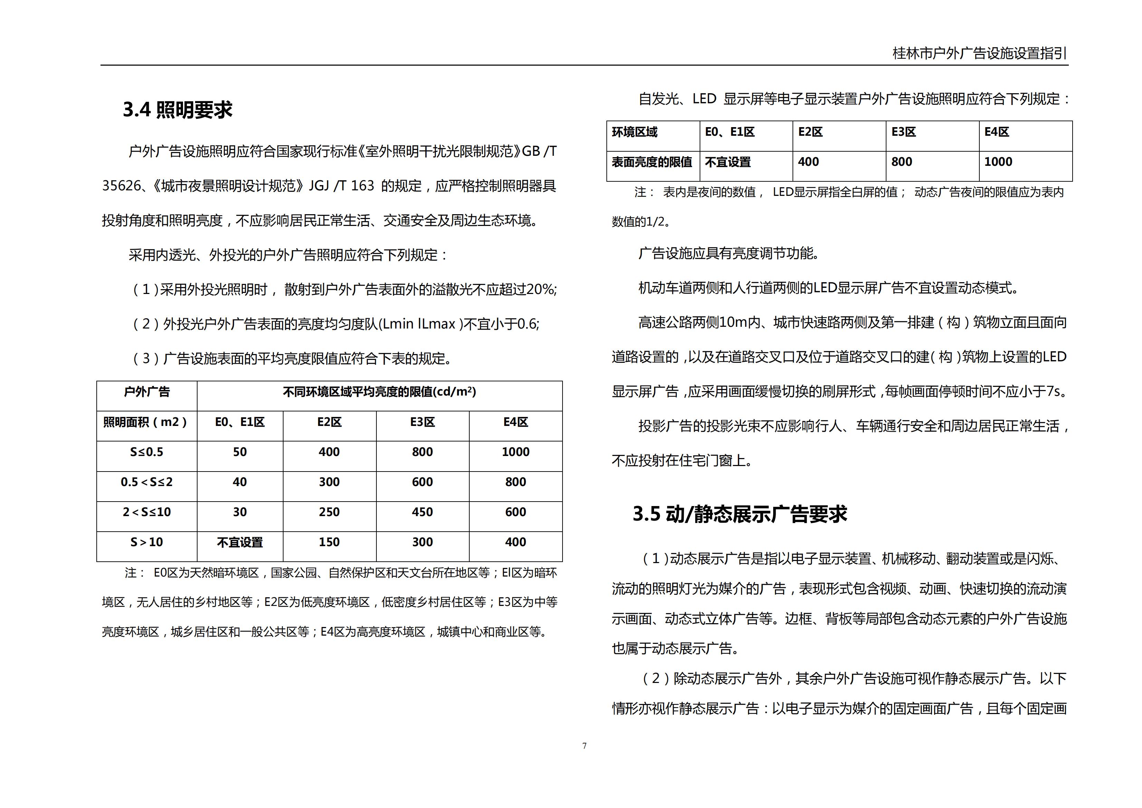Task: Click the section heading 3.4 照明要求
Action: tap(177, 110)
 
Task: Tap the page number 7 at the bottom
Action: tap(584, 746)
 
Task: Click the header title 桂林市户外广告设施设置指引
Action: tap(979, 53)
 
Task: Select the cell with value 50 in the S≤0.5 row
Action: tap(240, 452)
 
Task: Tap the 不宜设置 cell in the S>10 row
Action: tap(240, 542)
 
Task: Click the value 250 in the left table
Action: tap(329, 512)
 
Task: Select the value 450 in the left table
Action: tap(422, 512)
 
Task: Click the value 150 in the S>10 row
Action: tap(329, 542)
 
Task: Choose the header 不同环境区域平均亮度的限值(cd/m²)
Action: tap(380, 392)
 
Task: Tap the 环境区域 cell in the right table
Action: tap(635, 132)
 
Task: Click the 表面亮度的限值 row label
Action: tap(652, 162)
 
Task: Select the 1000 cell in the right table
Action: tap(998, 162)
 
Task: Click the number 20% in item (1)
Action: tap(541, 289)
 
